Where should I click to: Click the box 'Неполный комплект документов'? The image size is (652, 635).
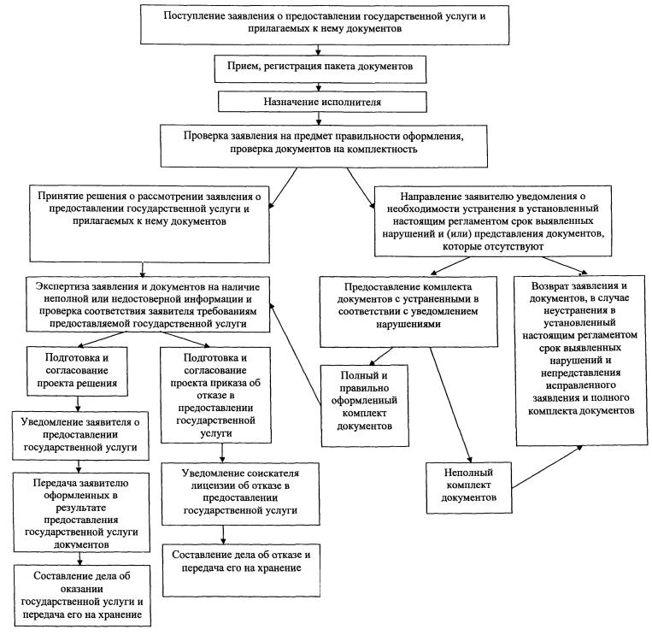click(469, 486)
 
